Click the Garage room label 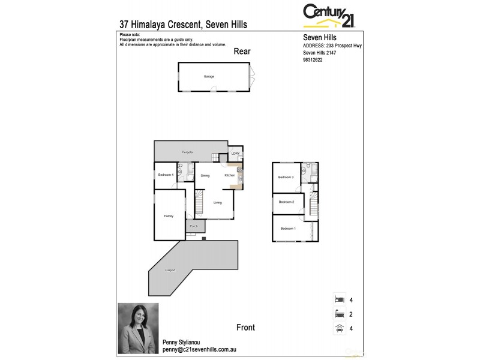coord(209,77)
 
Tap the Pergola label coord(187,154)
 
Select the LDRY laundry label coord(236,154)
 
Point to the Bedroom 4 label coord(166,175)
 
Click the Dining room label coord(205,175)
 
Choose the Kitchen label coord(230,175)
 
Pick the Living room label coord(217,203)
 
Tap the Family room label coord(169,216)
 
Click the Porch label coord(194,227)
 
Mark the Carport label coord(171,271)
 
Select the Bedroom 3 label coord(286,178)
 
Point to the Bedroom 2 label coord(286,203)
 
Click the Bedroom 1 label coord(288,229)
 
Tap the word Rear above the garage coord(242,52)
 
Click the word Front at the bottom coord(245,328)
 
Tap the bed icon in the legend coord(340,299)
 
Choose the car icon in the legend coord(340,328)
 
